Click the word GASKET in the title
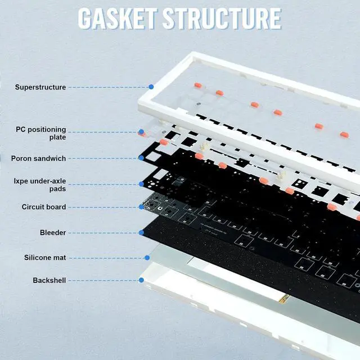click(x=118, y=18)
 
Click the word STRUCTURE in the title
click(x=222, y=18)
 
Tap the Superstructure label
click(x=40, y=87)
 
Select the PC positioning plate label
click(x=40, y=133)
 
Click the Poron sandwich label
click(x=38, y=159)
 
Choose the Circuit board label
click(x=44, y=207)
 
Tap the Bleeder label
click(x=53, y=232)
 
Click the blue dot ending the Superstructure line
click(x=151, y=87)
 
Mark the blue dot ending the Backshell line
click(x=141, y=280)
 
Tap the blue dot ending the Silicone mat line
click(x=147, y=258)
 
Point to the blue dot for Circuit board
click(x=141, y=207)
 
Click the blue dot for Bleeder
click(x=141, y=232)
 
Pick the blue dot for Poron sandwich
click(x=141, y=158)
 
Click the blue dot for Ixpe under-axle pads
click(x=141, y=184)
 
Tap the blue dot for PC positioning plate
click(x=141, y=133)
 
